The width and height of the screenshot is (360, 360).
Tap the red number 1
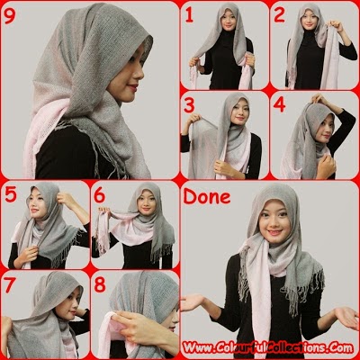point(190,15)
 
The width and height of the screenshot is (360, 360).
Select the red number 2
point(280,15)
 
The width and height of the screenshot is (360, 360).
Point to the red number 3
point(190,104)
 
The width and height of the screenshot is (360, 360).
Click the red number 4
point(280,104)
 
